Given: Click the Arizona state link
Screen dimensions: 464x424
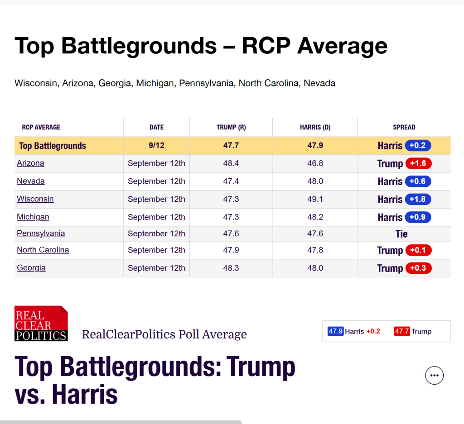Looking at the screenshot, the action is (30, 163).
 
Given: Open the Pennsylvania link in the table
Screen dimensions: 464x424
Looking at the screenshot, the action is (41, 233).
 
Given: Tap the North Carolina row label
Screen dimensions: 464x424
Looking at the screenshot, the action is (43, 250).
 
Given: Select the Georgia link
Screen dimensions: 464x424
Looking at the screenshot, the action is (31, 268).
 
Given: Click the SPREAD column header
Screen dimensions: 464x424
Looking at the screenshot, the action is (404, 127).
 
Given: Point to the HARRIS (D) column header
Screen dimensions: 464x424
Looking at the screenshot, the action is (315, 127).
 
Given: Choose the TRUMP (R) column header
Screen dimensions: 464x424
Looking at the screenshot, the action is (231, 127).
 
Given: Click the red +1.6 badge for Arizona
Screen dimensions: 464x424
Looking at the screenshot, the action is (418, 163).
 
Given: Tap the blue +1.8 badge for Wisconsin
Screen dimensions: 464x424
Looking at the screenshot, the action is (418, 199).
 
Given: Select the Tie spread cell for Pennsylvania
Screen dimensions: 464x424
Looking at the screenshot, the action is (401, 233).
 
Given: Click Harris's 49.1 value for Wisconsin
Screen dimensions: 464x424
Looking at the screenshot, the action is (315, 199).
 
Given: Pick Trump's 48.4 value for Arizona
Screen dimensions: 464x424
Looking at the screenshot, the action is (231, 163).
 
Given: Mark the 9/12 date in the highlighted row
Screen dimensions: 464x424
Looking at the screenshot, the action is (156, 145).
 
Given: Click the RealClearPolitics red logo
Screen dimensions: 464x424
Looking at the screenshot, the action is (41, 324).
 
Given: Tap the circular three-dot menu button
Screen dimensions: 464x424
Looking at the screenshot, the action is (435, 376).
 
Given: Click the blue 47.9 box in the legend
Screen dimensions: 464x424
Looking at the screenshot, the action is (336, 331).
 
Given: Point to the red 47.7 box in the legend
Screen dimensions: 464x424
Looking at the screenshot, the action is (402, 331).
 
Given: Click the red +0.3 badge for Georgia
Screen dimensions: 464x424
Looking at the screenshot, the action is (418, 268).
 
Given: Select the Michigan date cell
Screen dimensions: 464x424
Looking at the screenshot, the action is (156, 217).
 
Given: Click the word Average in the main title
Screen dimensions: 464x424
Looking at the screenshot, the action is (343, 46).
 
